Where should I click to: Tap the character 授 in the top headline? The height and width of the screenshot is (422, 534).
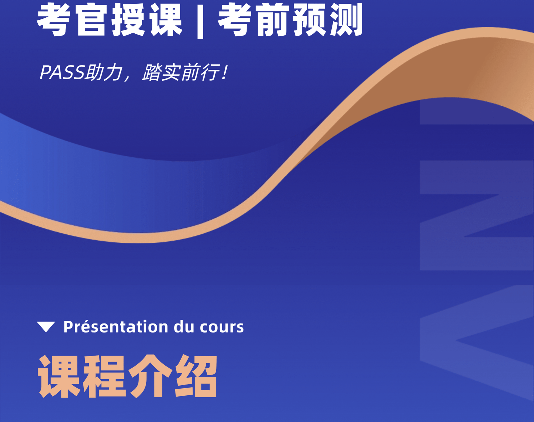[x=128, y=20]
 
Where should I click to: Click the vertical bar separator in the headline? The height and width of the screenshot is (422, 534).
[x=200, y=21]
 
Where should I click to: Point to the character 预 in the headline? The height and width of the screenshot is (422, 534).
[x=309, y=20]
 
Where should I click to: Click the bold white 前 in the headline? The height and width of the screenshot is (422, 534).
[x=273, y=20]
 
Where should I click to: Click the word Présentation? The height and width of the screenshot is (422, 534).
[x=116, y=327]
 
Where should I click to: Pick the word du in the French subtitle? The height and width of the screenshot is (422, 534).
[x=184, y=327]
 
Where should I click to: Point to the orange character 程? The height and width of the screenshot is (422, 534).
[x=104, y=376]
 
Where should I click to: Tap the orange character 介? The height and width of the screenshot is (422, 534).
[x=150, y=376]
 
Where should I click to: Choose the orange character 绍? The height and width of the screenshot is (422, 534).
[x=196, y=376]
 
